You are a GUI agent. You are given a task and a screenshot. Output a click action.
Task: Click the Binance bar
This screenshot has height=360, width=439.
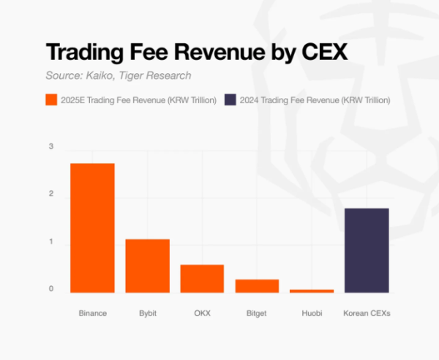coord(92,228)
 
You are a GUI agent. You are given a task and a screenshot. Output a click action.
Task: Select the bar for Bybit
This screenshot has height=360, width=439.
coord(147,266)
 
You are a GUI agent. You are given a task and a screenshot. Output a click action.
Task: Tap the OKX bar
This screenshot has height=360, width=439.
coord(202,278)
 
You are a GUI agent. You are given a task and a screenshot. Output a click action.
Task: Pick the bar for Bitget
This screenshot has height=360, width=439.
coord(257,285)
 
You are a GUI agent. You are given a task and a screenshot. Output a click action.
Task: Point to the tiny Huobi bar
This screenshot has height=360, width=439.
coord(312,290)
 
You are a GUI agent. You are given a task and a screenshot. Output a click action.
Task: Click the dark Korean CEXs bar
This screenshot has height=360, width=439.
coord(367,250)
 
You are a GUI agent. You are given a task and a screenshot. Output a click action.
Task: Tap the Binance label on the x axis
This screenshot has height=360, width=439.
coord(92,313)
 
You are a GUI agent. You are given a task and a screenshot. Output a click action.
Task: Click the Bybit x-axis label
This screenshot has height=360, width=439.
coord(147,313)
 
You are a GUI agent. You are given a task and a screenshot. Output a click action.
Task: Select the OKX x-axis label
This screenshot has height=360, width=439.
coord(202,313)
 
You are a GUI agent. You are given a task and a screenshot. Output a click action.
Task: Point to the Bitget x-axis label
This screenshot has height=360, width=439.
coord(257,313)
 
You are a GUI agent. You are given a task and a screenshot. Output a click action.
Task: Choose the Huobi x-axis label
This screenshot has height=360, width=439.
coord(312,313)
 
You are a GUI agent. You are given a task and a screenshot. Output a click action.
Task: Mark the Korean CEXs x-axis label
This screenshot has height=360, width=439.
coord(367,313)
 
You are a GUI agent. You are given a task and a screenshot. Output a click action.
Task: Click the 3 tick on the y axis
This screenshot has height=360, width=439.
coord(51,147)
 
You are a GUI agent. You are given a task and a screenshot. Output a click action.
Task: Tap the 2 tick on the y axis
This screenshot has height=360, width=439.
coord(51,194)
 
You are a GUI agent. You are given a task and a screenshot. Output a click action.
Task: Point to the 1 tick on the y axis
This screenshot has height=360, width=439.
coord(51,241)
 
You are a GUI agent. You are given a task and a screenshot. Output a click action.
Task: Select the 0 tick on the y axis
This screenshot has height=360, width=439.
coord(51,289)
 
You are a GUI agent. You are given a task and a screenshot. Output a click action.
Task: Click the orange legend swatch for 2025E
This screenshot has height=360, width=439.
coord(51,100)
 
